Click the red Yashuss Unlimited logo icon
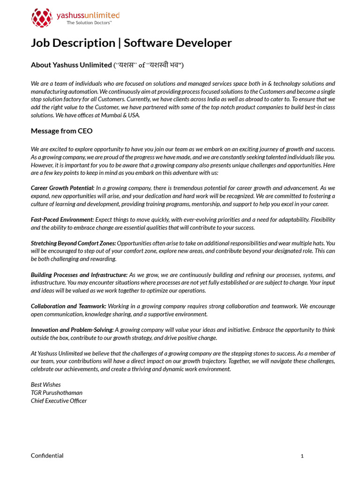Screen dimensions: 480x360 click(41, 18)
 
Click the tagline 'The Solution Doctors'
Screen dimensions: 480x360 click(89, 22)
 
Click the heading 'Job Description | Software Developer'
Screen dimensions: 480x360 click(131, 43)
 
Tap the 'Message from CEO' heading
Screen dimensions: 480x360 click(61, 131)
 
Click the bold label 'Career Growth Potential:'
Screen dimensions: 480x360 click(63, 188)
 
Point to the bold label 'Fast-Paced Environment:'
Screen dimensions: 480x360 click(62, 219)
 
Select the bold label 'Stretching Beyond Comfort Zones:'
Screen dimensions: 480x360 click(74, 243)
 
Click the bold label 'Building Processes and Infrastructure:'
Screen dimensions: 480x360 click(79, 275)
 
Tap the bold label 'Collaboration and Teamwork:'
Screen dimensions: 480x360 click(68, 306)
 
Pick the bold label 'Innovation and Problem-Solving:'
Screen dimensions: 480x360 click(72, 330)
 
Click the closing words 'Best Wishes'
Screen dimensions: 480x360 click(45, 385)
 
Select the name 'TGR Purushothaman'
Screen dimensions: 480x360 click(56, 393)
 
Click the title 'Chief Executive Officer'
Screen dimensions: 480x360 click(59, 401)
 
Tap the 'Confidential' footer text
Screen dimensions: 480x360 click(47, 456)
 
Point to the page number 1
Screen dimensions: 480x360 click(302, 456)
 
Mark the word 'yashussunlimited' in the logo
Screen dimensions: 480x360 click(88, 15)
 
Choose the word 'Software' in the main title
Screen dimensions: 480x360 click(148, 43)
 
